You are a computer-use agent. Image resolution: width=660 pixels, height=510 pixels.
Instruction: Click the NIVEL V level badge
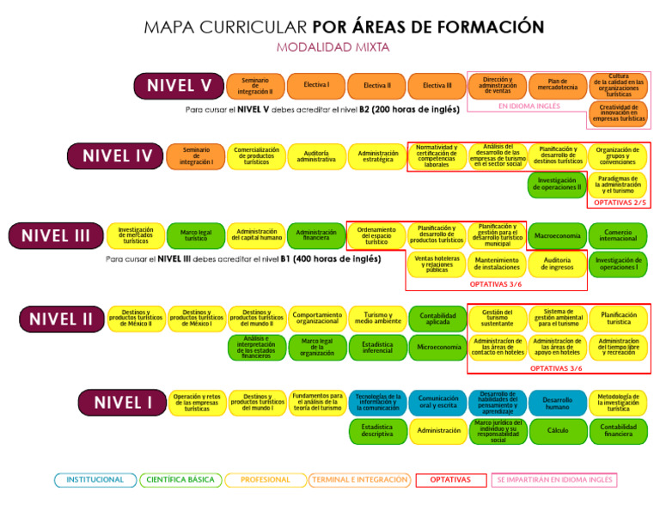coord(179,86)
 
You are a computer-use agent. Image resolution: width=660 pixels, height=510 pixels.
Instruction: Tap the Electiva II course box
coord(376,86)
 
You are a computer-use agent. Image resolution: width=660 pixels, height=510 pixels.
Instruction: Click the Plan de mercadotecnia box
coord(558,86)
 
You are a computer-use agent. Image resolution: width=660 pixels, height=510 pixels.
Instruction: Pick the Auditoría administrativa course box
coord(316,156)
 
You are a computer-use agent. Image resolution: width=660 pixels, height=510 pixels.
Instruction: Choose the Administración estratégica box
coord(377,156)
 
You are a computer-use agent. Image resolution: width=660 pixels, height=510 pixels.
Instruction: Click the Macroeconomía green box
coord(558,235)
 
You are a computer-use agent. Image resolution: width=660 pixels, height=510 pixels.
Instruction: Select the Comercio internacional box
coord(618,235)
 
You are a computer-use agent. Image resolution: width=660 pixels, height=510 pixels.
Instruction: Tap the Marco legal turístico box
coord(196,235)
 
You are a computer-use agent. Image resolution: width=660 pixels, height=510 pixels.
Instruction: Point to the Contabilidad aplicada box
coord(437,319)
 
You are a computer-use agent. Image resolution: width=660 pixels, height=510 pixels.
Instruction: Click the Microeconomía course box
coord(437,347)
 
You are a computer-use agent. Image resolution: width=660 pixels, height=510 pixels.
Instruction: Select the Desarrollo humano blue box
coord(558,403)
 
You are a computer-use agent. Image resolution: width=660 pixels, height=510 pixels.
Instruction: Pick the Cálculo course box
coord(558,430)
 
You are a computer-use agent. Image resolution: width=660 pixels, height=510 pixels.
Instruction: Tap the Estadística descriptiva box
coord(377,430)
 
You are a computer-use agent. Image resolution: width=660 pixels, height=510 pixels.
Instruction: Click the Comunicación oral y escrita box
coord(437,403)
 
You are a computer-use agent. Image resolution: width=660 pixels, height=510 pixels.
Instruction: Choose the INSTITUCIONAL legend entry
coord(95,480)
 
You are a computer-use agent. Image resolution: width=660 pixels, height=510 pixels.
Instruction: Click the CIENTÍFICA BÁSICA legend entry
coord(180,480)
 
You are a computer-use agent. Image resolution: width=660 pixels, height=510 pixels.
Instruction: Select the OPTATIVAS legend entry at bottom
coord(450,480)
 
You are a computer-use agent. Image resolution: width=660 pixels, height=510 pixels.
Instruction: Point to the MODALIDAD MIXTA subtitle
coord(332,47)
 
